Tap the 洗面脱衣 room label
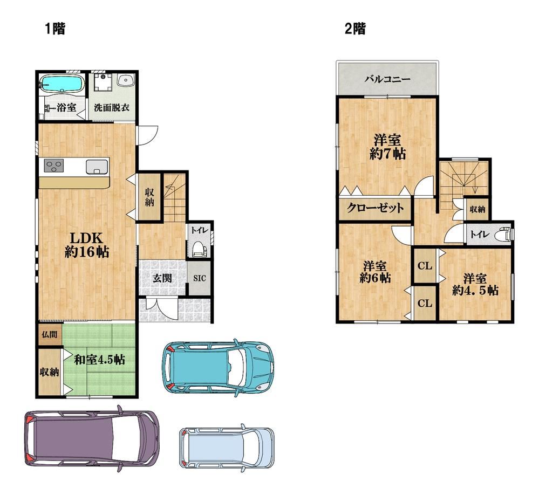tap(112, 107)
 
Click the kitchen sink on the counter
tap(97, 167)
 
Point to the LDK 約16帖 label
tap(87, 245)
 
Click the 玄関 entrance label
tap(162, 278)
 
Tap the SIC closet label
tap(200, 278)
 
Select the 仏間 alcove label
tap(50, 334)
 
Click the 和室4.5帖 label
tap(100, 360)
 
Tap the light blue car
tap(227, 448)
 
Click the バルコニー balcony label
tap(387, 79)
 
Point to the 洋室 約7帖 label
tap(387, 147)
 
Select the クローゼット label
tap(376, 208)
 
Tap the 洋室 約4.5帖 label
tap(475, 284)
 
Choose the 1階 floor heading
tap(55, 29)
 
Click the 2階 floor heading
tap(355, 29)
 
